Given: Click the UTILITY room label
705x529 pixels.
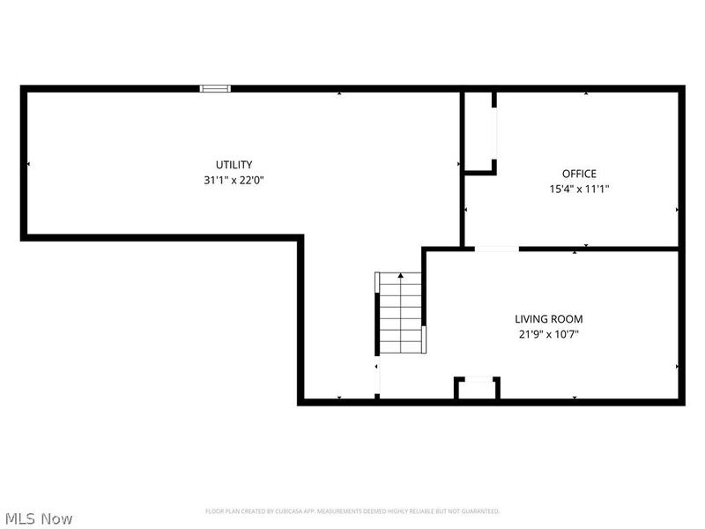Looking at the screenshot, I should [234, 165].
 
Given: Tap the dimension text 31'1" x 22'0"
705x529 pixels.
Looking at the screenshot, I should [234, 180].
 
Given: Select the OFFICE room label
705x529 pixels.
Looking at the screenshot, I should [579, 174].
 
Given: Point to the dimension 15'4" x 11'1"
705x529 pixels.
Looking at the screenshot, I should [579, 189].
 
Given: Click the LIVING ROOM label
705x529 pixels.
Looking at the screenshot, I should [548, 319].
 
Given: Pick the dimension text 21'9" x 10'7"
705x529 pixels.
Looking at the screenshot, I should [548, 334].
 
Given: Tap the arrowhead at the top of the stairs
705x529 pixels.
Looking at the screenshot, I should [401, 276].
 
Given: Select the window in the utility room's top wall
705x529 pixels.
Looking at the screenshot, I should [215, 88].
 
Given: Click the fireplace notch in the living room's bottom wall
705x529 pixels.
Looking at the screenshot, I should [477, 389].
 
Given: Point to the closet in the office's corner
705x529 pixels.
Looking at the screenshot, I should [479, 132].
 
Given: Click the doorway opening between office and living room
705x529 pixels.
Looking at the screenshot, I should [496, 250].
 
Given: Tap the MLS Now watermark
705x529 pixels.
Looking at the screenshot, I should [38, 518].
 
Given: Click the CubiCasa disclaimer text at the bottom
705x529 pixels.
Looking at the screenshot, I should [352, 511].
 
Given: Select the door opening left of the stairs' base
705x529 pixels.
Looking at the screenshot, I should [378, 378].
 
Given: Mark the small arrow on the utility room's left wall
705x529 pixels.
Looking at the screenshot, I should [28, 164].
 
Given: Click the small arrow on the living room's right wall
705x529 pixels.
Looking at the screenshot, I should [677, 366].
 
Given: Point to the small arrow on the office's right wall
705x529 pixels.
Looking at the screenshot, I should [677, 210].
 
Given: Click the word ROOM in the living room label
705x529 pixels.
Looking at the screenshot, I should [567, 319].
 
